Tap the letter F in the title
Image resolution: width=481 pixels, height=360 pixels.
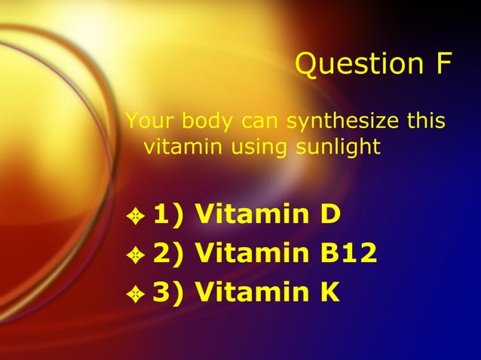442,64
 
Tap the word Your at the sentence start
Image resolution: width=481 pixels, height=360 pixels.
146,121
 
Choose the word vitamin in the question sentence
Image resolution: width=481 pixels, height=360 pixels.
177,146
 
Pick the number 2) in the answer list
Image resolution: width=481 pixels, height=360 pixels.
170,255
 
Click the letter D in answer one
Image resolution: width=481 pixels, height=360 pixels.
330,216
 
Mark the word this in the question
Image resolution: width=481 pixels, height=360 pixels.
426,121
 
